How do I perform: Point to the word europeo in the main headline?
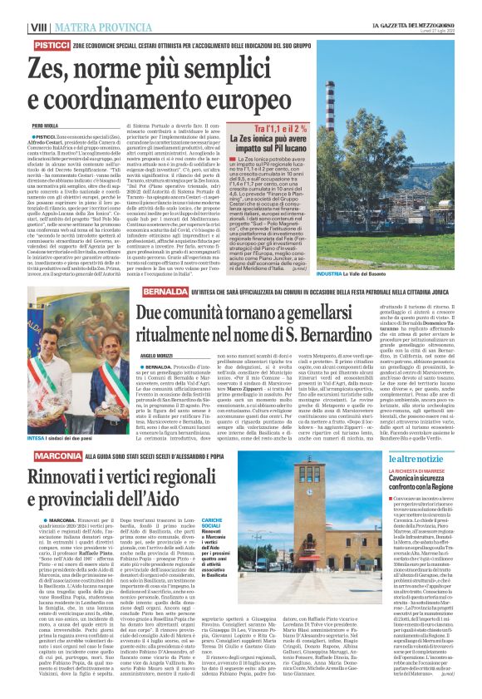256,97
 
